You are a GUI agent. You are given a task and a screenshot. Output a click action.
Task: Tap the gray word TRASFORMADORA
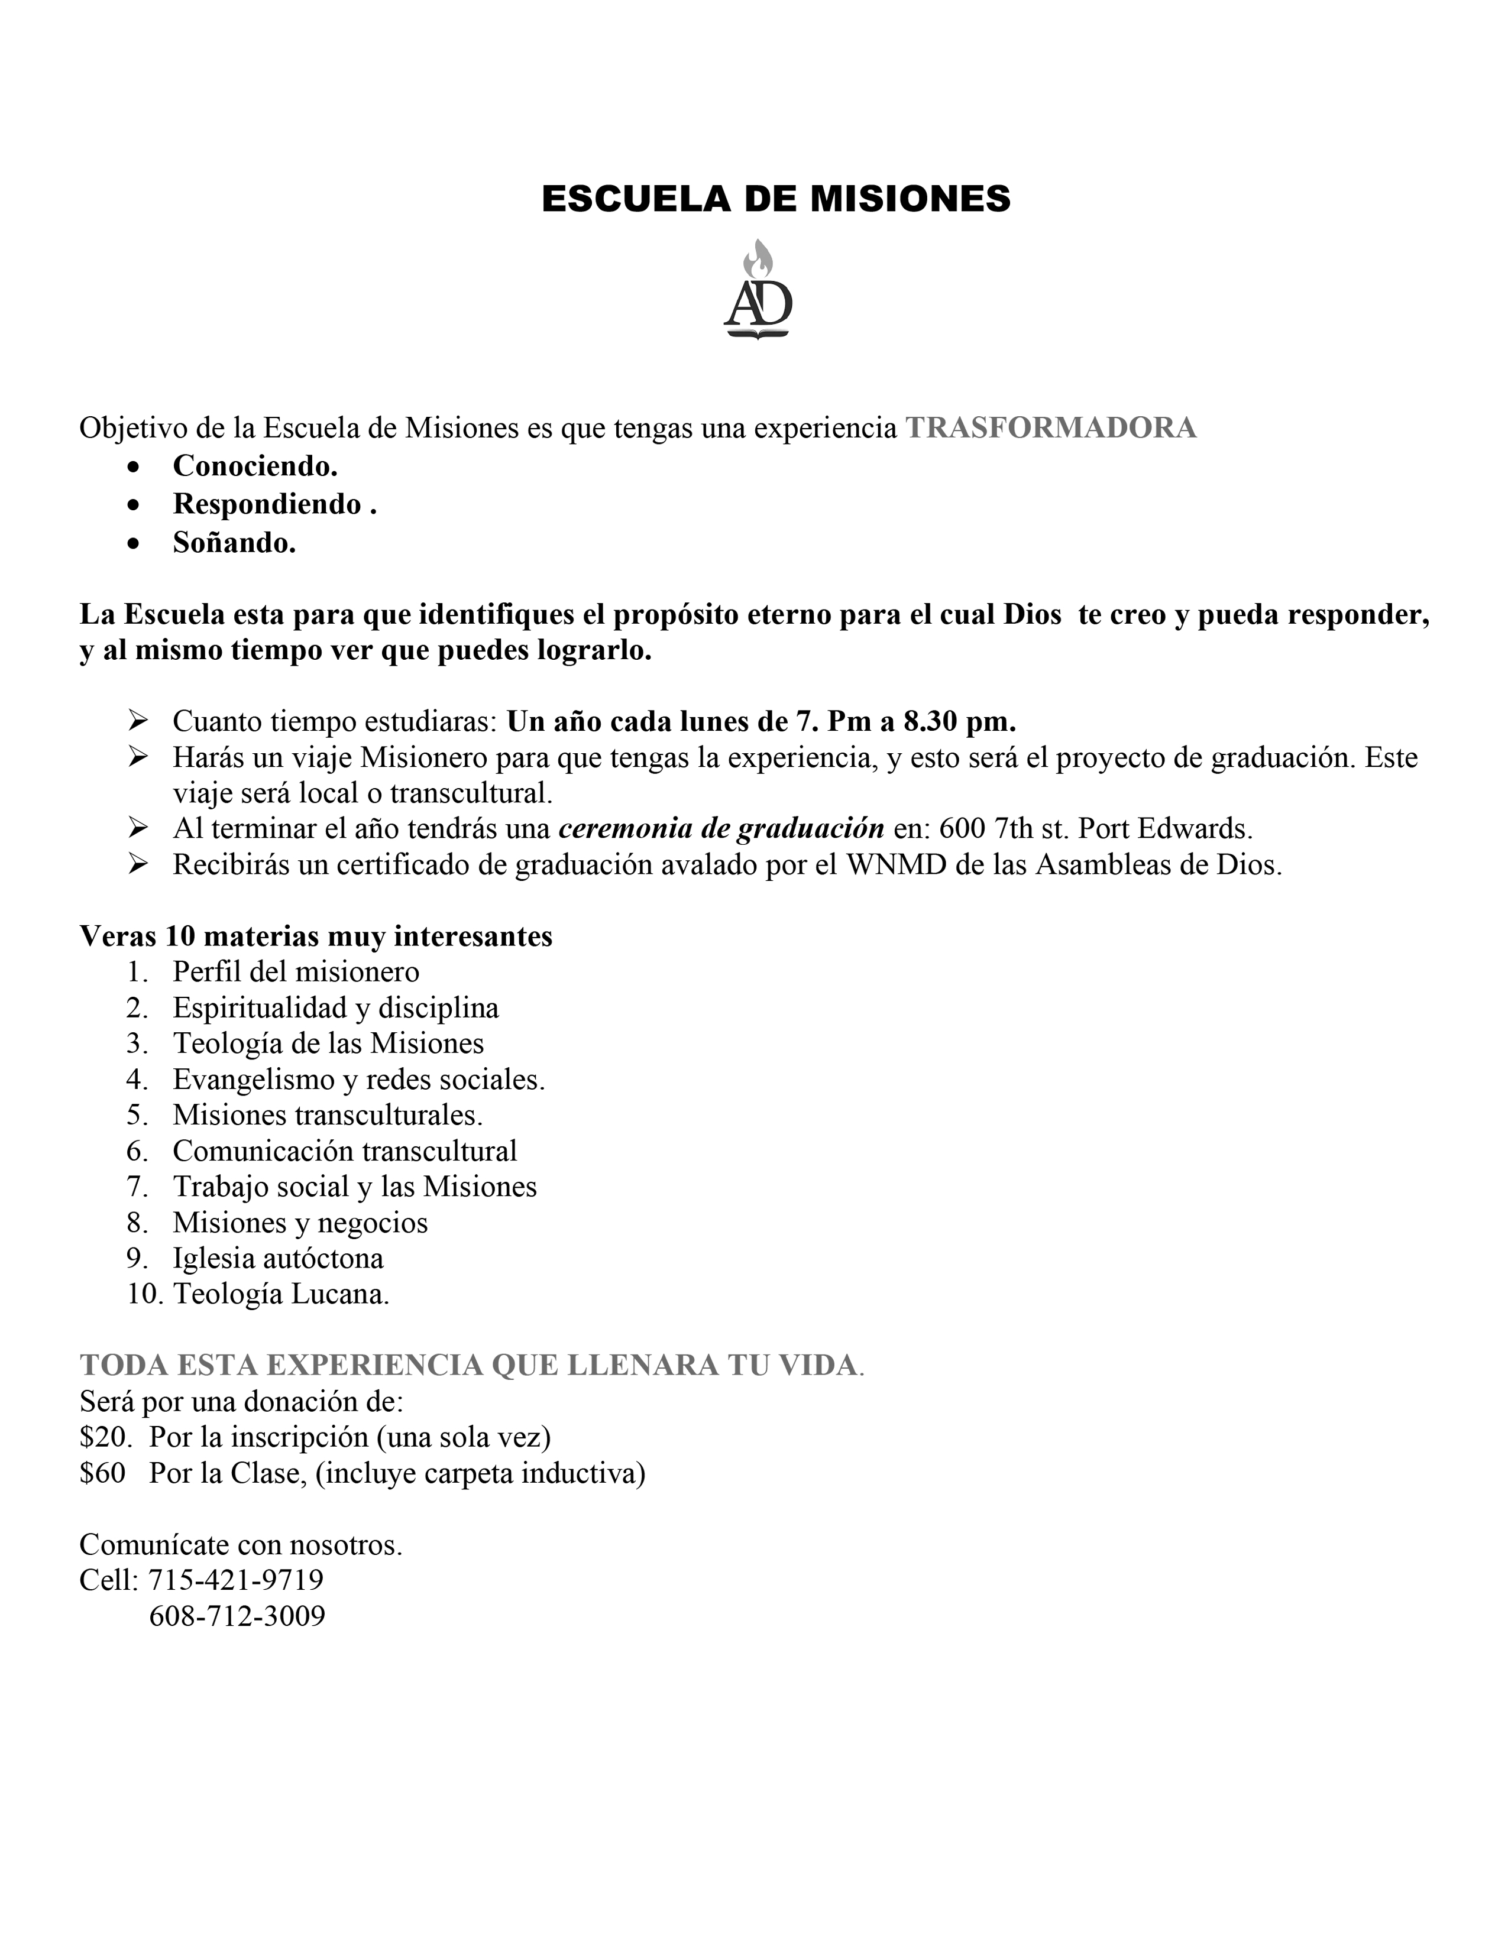pyautogui.click(x=1051, y=428)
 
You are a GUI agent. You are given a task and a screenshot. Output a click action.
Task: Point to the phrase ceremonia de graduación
pyautogui.click(x=721, y=828)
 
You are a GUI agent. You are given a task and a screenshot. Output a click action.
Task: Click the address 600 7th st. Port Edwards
pyautogui.click(x=1095, y=828)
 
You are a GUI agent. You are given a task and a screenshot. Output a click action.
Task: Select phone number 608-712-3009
pyautogui.click(x=237, y=1615)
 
